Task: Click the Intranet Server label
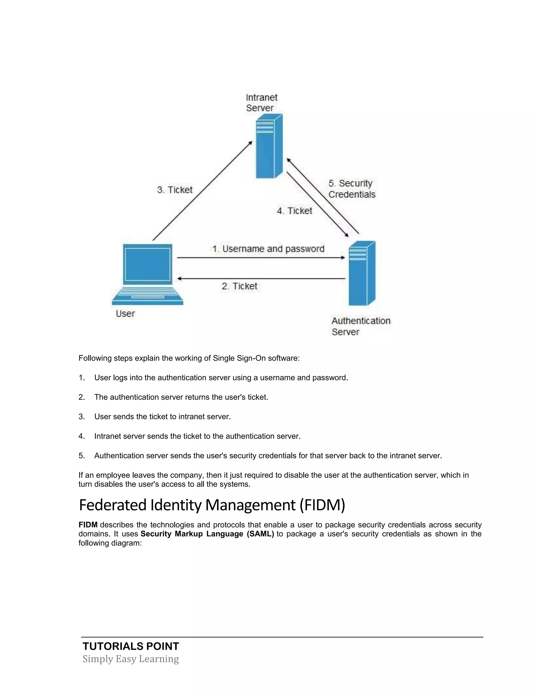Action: tap(261, 103)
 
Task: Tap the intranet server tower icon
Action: tap(269, 146)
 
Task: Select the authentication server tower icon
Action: tap(362, 274)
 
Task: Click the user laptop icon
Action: tap(147, 274)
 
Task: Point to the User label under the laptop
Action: tap(125, 314)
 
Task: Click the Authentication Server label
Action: tap(361, 326)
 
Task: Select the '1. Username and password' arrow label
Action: tap(268, 249)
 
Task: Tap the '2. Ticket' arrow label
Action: tap(239, 286)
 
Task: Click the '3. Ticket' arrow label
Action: tap(175, 190)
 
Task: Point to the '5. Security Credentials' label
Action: tap(351, 189)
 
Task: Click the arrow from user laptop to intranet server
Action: tap(202, 191)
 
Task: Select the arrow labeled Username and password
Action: tap(261, 258)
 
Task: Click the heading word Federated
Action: tap(113, 505)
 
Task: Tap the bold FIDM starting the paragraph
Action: tap(88, 525)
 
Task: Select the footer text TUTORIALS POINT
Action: tap(131, 646)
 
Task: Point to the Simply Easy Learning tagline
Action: tap(131, 659)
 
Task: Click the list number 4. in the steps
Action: tap(82, 436)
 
